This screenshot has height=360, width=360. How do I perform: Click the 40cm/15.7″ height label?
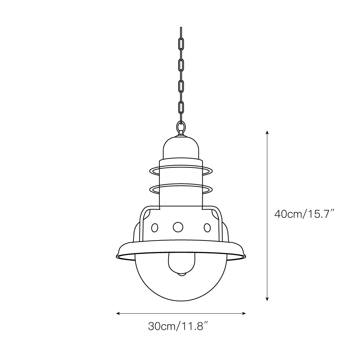(305, 214)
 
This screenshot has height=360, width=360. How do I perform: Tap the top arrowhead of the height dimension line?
(267, 132)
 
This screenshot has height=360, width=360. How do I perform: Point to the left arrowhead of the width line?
(117, 314)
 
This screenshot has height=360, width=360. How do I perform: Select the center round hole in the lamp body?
(178, 227)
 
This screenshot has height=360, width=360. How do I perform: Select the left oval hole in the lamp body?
(154, 228)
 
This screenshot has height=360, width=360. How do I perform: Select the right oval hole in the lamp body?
(207, 228)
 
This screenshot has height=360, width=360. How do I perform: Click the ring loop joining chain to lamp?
(181, 127)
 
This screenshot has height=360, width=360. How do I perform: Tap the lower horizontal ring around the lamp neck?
(181, 188)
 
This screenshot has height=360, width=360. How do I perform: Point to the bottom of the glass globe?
(181, 300)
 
